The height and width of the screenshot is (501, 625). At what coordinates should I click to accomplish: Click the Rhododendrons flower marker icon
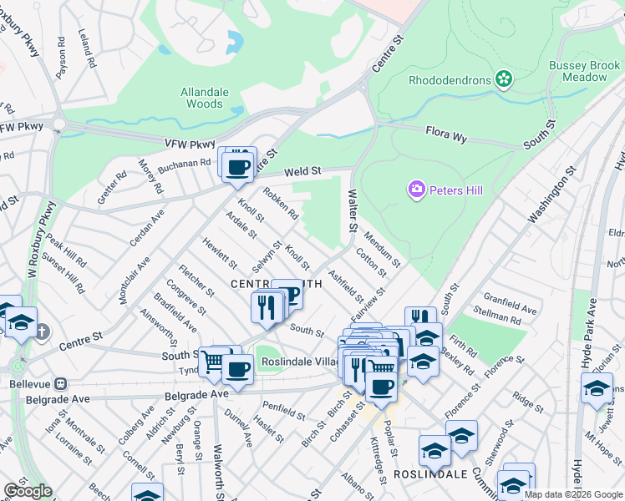(503, 79)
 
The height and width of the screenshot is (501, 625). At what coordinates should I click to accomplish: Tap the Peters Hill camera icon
(416, 190)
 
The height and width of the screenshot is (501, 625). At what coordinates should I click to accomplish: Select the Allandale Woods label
(202, 98)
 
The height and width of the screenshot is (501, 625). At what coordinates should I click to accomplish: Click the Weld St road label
(302, 171)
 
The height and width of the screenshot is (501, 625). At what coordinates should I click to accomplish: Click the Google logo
(28, 491)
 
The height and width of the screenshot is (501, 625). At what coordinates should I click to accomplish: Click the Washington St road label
(552, 195)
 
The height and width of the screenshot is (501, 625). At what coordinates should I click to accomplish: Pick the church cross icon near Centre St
(41, 332)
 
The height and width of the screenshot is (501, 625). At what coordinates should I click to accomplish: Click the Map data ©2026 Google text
(572, 494)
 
